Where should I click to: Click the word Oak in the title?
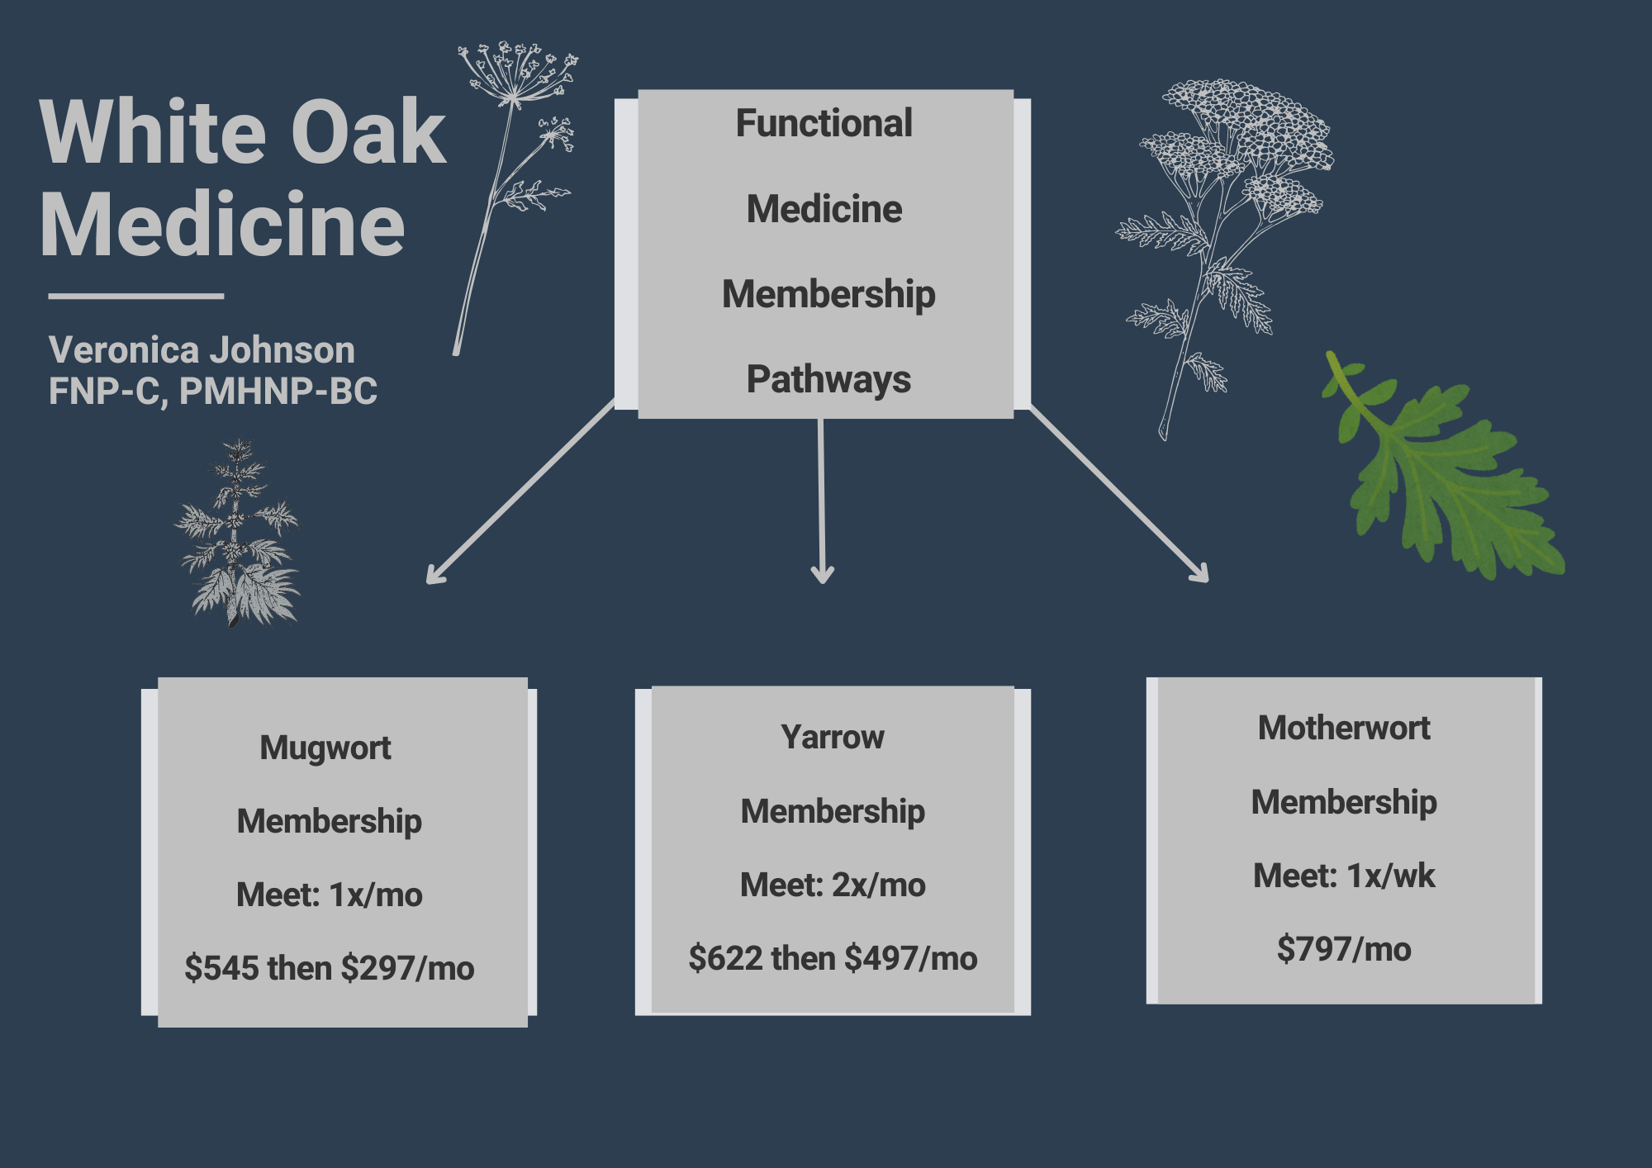tap(368, 132)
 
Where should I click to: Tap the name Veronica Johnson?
tap(202, 350)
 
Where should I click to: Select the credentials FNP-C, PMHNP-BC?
tap(212, 392)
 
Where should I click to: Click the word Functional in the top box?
tap(824, 124)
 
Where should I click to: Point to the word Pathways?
tap(828, 379)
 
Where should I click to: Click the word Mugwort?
tap(325, 748)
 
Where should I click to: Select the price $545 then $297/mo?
tap(330, 968)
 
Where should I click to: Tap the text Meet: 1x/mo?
tap(330, 895)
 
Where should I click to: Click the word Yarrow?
tap(833, 737)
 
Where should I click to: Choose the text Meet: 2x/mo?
tap(833, 885)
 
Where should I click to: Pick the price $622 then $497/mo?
tap(833, 958)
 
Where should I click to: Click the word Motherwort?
tap(1344, 728)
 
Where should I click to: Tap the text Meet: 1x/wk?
tap(1344, 876)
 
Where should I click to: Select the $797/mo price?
tap(1344, 949)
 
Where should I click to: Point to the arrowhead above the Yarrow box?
tap(823, 574)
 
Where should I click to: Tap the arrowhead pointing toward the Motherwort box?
tap(1202, 575)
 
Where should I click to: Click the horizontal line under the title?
tap(136, 295)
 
